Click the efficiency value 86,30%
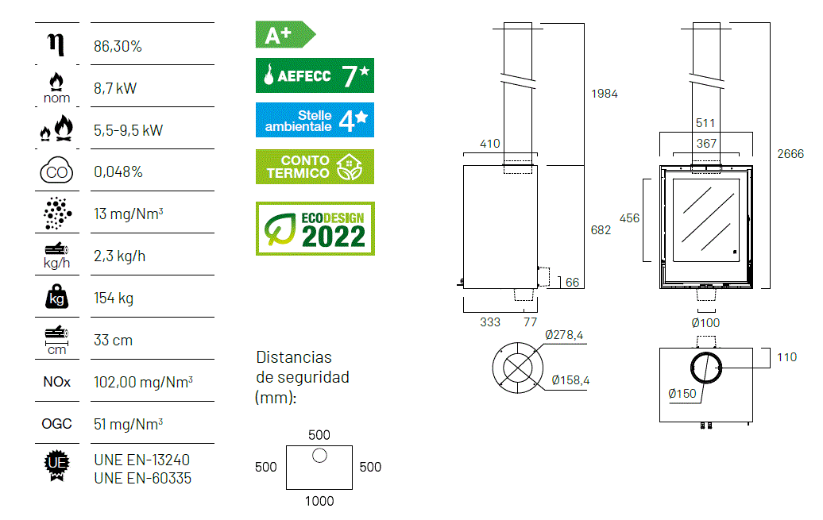(x=118, y=46)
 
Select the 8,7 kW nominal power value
(x=115, y=88)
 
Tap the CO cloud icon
(x=56, y=170)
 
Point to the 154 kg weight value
(x=114, y=298)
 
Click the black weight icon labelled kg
(x=56, y=297)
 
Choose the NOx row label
(x=56, y=382)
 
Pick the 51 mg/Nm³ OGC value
(x=128, y=424)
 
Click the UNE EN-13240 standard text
(x=141, y=460)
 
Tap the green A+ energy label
(x=285, y=35)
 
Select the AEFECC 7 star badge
(x=315, y=75)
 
